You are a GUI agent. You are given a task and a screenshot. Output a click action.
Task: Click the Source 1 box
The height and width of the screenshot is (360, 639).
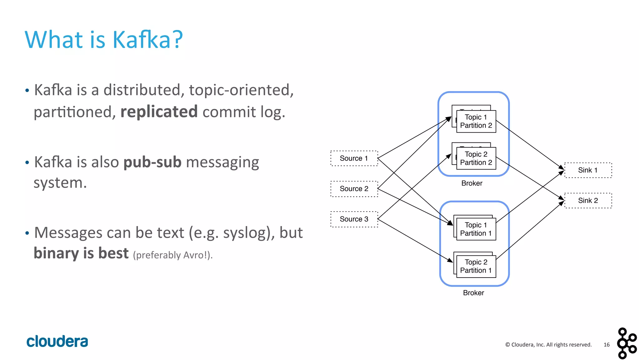tap(354, 158)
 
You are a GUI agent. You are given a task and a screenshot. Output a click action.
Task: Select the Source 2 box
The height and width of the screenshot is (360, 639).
tap(354, 189)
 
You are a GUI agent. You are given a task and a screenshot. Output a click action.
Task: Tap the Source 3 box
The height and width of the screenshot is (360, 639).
tap(354, 219)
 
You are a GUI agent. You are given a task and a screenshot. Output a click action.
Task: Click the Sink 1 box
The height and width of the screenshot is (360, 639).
tap(588, 170)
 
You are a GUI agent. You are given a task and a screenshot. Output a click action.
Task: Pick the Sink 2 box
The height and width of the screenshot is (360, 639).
tap(588, 200)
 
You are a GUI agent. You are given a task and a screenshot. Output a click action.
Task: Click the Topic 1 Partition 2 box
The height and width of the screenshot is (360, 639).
tap(476, 121)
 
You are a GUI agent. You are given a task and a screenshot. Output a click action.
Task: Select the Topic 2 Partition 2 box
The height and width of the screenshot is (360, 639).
tap(476, 158)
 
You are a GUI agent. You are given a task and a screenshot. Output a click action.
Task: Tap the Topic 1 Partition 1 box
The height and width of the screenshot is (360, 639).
tap(476, 229)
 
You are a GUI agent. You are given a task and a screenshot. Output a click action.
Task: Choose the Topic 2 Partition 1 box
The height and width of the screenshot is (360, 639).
tap(476, 266)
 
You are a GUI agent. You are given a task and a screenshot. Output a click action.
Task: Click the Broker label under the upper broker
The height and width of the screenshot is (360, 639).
tap(472, 183)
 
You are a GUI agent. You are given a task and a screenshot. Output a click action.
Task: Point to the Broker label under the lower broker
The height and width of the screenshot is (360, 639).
tap(473, 293)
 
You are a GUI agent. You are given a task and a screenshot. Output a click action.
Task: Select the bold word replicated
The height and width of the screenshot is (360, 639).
tap(159, 111)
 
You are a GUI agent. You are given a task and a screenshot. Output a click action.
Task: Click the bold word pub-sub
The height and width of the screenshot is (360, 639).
tap(152, 162)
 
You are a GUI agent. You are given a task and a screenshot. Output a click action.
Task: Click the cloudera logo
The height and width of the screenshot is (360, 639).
tap(57, 341)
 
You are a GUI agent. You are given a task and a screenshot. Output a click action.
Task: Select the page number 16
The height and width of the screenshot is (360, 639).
tap(606, 345)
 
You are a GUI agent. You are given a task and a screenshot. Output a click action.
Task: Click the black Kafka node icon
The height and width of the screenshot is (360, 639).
tap(626, 343)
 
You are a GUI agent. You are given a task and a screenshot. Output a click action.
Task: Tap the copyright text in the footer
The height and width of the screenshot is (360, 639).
tap(548, 345)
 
